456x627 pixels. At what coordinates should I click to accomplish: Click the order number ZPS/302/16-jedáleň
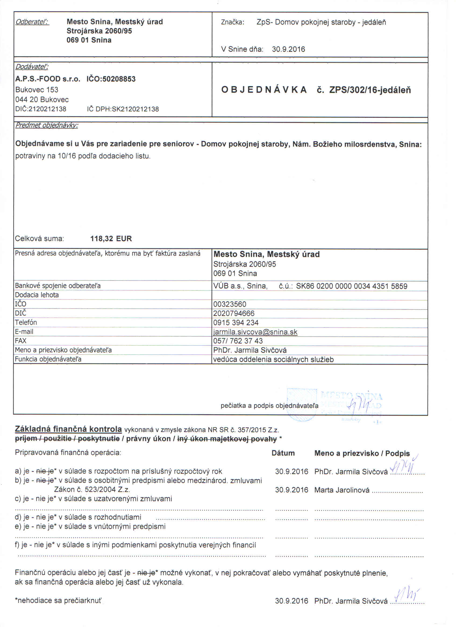pos(370,90)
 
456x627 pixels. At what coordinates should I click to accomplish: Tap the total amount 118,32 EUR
pos(111,239)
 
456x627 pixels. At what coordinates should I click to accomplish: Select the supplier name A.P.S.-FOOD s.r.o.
pos(48,79)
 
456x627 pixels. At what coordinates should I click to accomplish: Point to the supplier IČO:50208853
pos(111,79)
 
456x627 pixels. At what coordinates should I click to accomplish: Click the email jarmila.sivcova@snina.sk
pos(255,332)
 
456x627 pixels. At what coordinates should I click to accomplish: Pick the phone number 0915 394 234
pos(236,323)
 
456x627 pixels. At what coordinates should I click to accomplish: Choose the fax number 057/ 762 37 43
pos(238,341)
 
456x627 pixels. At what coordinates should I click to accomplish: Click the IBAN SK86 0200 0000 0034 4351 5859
pos(352,286)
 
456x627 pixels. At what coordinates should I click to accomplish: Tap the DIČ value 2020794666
pos(234,313)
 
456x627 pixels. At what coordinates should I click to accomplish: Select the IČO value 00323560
pos(230,304)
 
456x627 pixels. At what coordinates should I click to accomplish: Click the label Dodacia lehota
pos(37,295)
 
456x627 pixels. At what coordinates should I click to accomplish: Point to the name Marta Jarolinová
pos(342,490)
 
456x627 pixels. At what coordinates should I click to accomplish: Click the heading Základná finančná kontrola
pos(68,429)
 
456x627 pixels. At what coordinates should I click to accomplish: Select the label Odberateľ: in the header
pos(32,22)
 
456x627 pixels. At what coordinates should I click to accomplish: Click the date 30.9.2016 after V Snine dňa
pos(288,49)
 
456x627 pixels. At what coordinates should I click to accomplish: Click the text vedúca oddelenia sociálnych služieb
pos(273,359)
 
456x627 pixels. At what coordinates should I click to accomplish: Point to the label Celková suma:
pos(39,239)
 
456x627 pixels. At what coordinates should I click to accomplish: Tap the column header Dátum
pos(283,453)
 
